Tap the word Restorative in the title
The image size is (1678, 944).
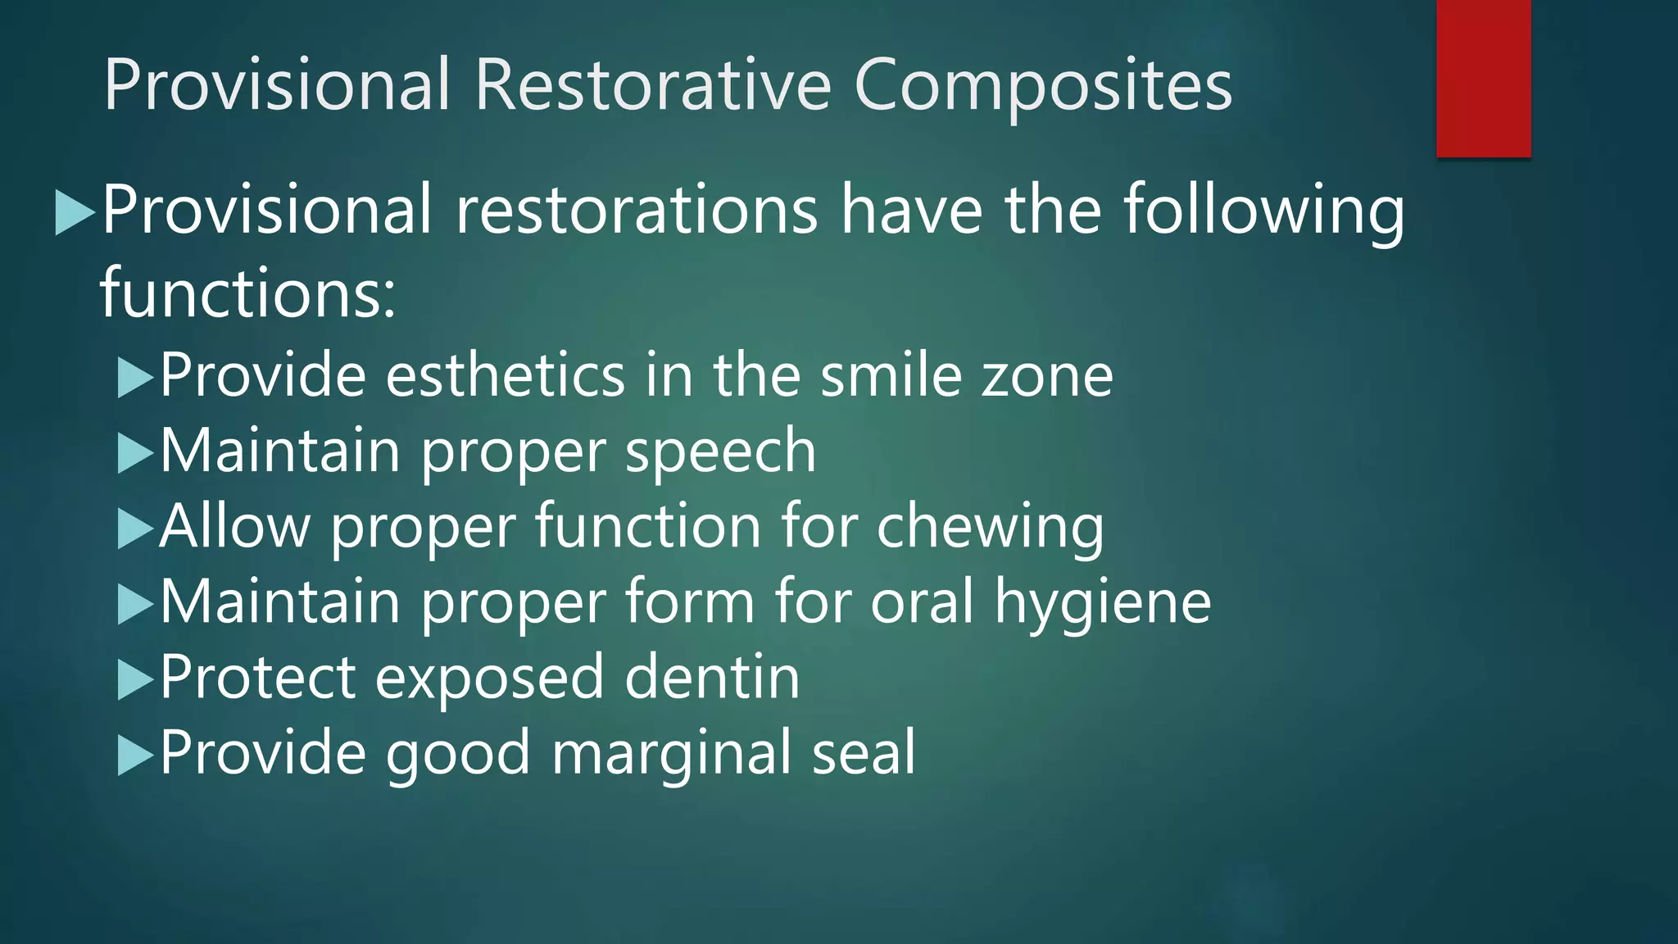652,84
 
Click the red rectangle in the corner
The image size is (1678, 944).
1483,78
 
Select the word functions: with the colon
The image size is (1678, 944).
247,293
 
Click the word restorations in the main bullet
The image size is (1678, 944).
636,210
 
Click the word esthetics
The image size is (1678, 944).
506,375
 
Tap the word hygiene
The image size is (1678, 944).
1102,603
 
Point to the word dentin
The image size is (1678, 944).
711,678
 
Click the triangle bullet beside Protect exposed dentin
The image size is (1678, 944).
134,680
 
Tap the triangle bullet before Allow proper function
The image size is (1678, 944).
134,529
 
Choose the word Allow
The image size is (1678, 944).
234,526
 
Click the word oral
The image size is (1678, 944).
922,601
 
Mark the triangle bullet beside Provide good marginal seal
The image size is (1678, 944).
134,756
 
